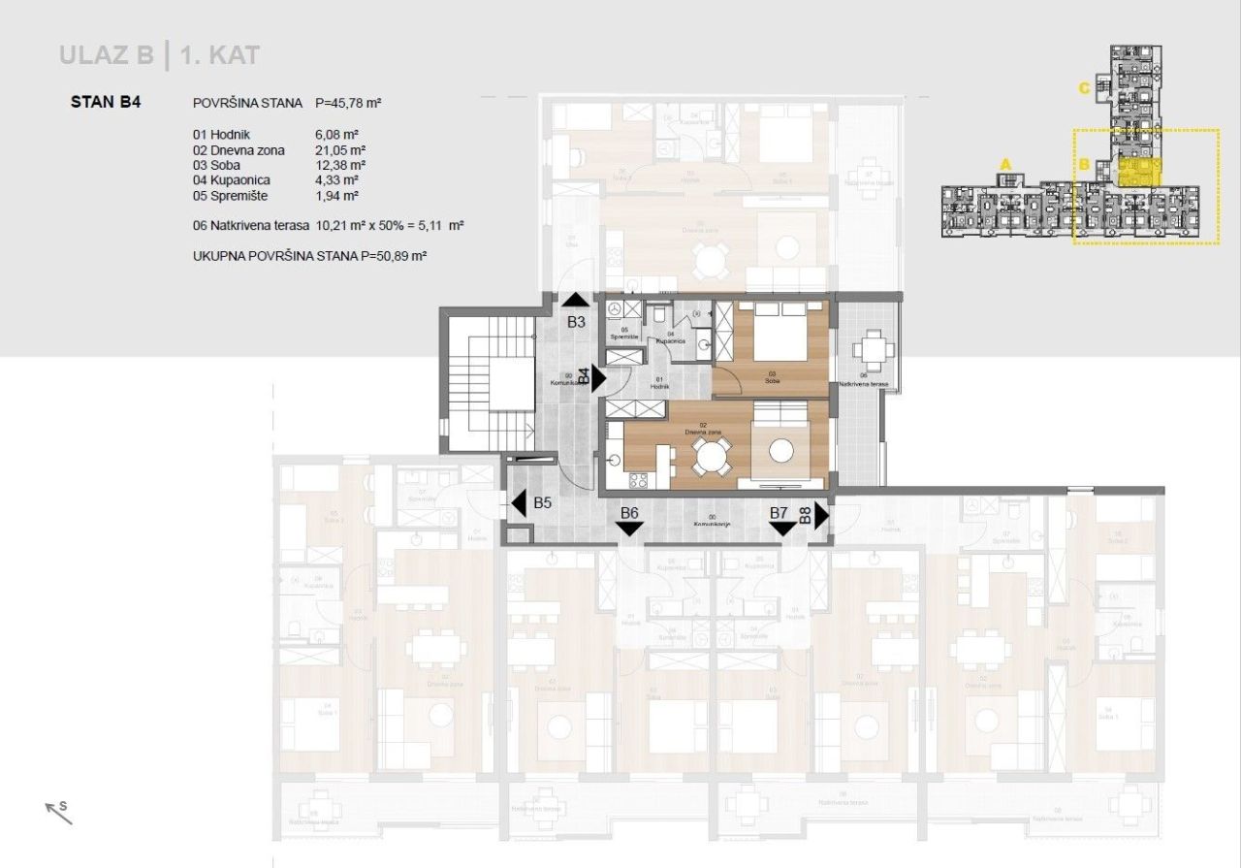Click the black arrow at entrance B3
(576, 300)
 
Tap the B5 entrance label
(543, 503)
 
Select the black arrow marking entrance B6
(629, 529)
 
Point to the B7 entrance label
(779, 512)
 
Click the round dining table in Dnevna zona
(714, 455)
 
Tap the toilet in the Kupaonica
(658, 314)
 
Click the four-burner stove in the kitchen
(639, 479)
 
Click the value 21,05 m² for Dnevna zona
(337, 149)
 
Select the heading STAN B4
(107, 102)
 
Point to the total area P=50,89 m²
(392, 257)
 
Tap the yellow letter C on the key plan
(1085, 88)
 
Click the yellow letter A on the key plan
(1005, 164)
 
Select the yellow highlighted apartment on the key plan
(1139, 172)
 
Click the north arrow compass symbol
(58, 811)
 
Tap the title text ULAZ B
(106, 55)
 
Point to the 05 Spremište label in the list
(231, 195)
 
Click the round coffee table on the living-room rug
(780, 451)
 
